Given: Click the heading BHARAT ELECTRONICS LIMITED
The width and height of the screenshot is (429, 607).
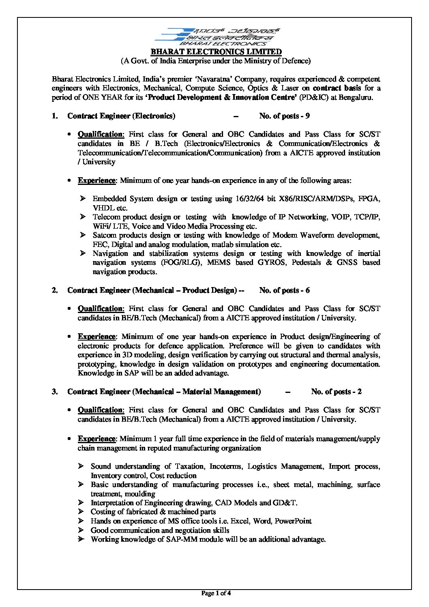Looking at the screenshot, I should click(216, 52).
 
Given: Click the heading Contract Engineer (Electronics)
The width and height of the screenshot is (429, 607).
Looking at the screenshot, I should click(121, 116).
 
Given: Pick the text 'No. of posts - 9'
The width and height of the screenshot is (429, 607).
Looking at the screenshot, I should click(285, 116).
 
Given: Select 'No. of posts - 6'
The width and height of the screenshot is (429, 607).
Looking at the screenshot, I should click(285, 290).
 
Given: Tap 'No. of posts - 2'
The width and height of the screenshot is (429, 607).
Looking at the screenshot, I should click(336, 391).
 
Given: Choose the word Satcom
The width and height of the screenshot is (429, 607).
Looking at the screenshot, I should click(104, 235).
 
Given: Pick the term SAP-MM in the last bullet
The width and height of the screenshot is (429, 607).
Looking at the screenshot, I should click(184, 539).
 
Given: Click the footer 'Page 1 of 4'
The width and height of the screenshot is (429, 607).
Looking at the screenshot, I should click(216, 594).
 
